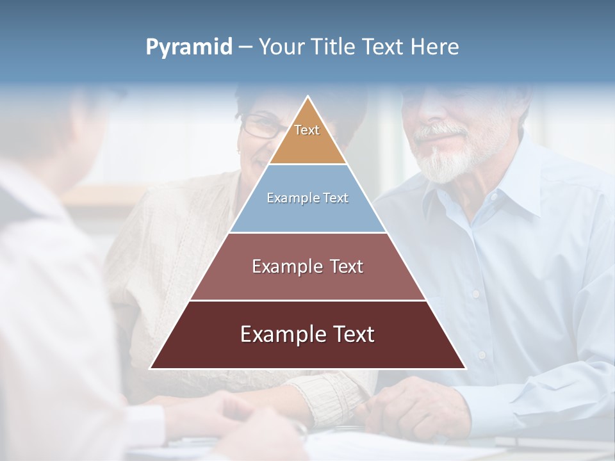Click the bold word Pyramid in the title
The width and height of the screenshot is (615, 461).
(x=189, y=47)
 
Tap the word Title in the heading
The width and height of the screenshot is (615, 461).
(x=334, y=47)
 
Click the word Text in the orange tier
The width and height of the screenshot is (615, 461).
(x=307, y=130)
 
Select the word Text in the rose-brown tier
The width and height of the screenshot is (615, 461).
(x=346, y=266)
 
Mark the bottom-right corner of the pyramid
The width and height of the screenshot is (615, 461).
(x=465, y=368)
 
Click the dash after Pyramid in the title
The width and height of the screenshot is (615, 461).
(x=245, y=47)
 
